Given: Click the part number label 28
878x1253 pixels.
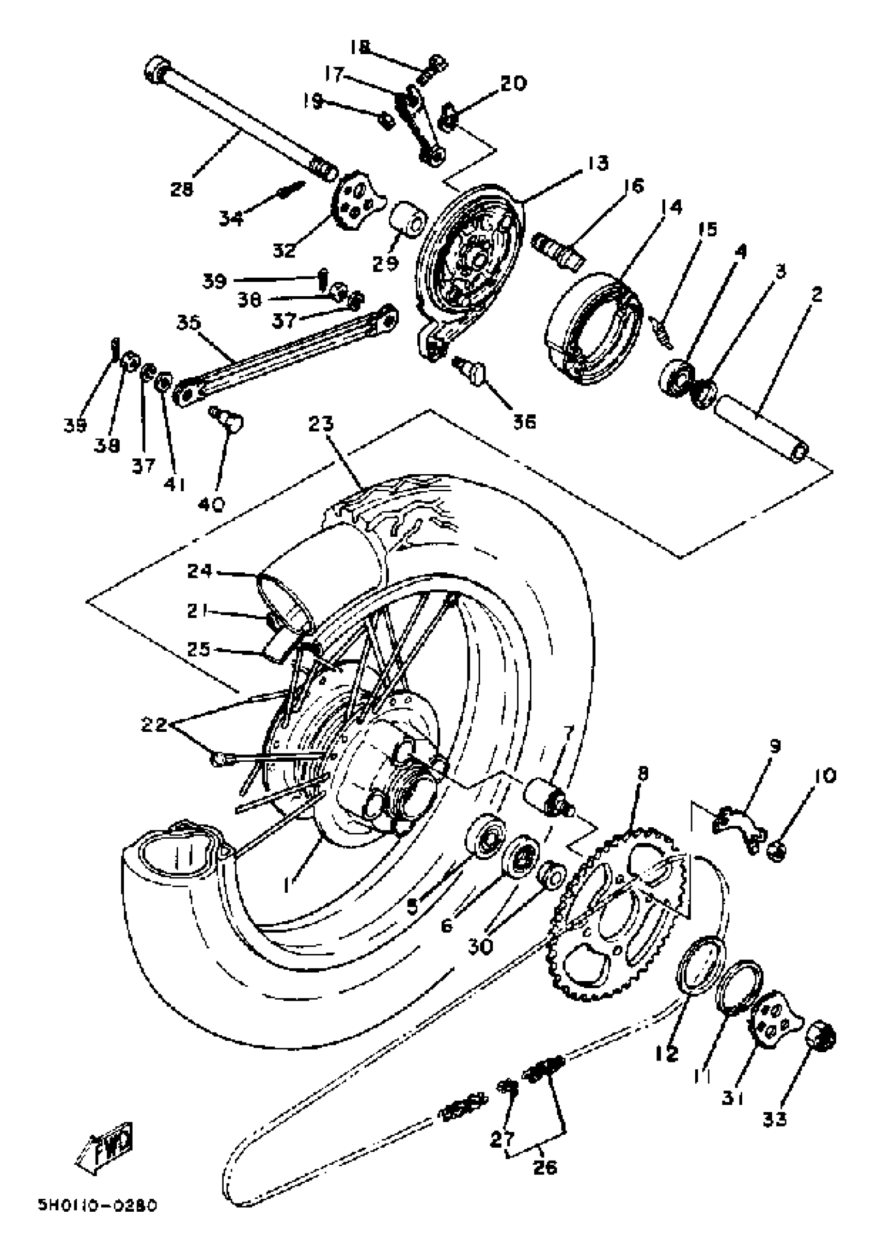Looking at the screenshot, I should [182, 189].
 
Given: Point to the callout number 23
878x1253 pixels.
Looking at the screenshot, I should [321, 424].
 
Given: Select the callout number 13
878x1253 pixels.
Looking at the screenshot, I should [598, 163].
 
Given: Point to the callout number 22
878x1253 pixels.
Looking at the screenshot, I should [153, 725].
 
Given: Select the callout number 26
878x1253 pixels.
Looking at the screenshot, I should [545, 1167].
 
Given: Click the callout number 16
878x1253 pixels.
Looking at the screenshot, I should [633, 186].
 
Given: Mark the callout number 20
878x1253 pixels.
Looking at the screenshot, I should [513, 84].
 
